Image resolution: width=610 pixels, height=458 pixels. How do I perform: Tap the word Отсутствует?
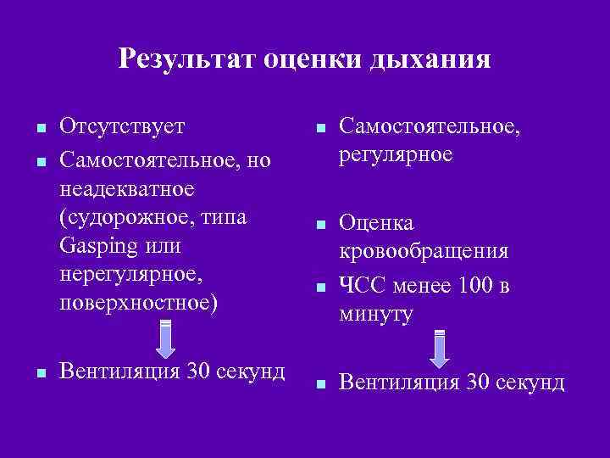(x=122, y=126)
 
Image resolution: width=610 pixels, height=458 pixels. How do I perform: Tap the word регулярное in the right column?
(x=396, y=156)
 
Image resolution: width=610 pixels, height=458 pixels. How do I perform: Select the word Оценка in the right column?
(x=376, y=223)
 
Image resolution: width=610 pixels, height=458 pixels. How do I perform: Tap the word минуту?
(x=376, y=315)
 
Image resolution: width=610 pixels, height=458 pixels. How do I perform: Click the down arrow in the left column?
(x=166, y=338)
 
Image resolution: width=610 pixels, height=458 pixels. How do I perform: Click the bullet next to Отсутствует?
(x=39, y=130)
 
